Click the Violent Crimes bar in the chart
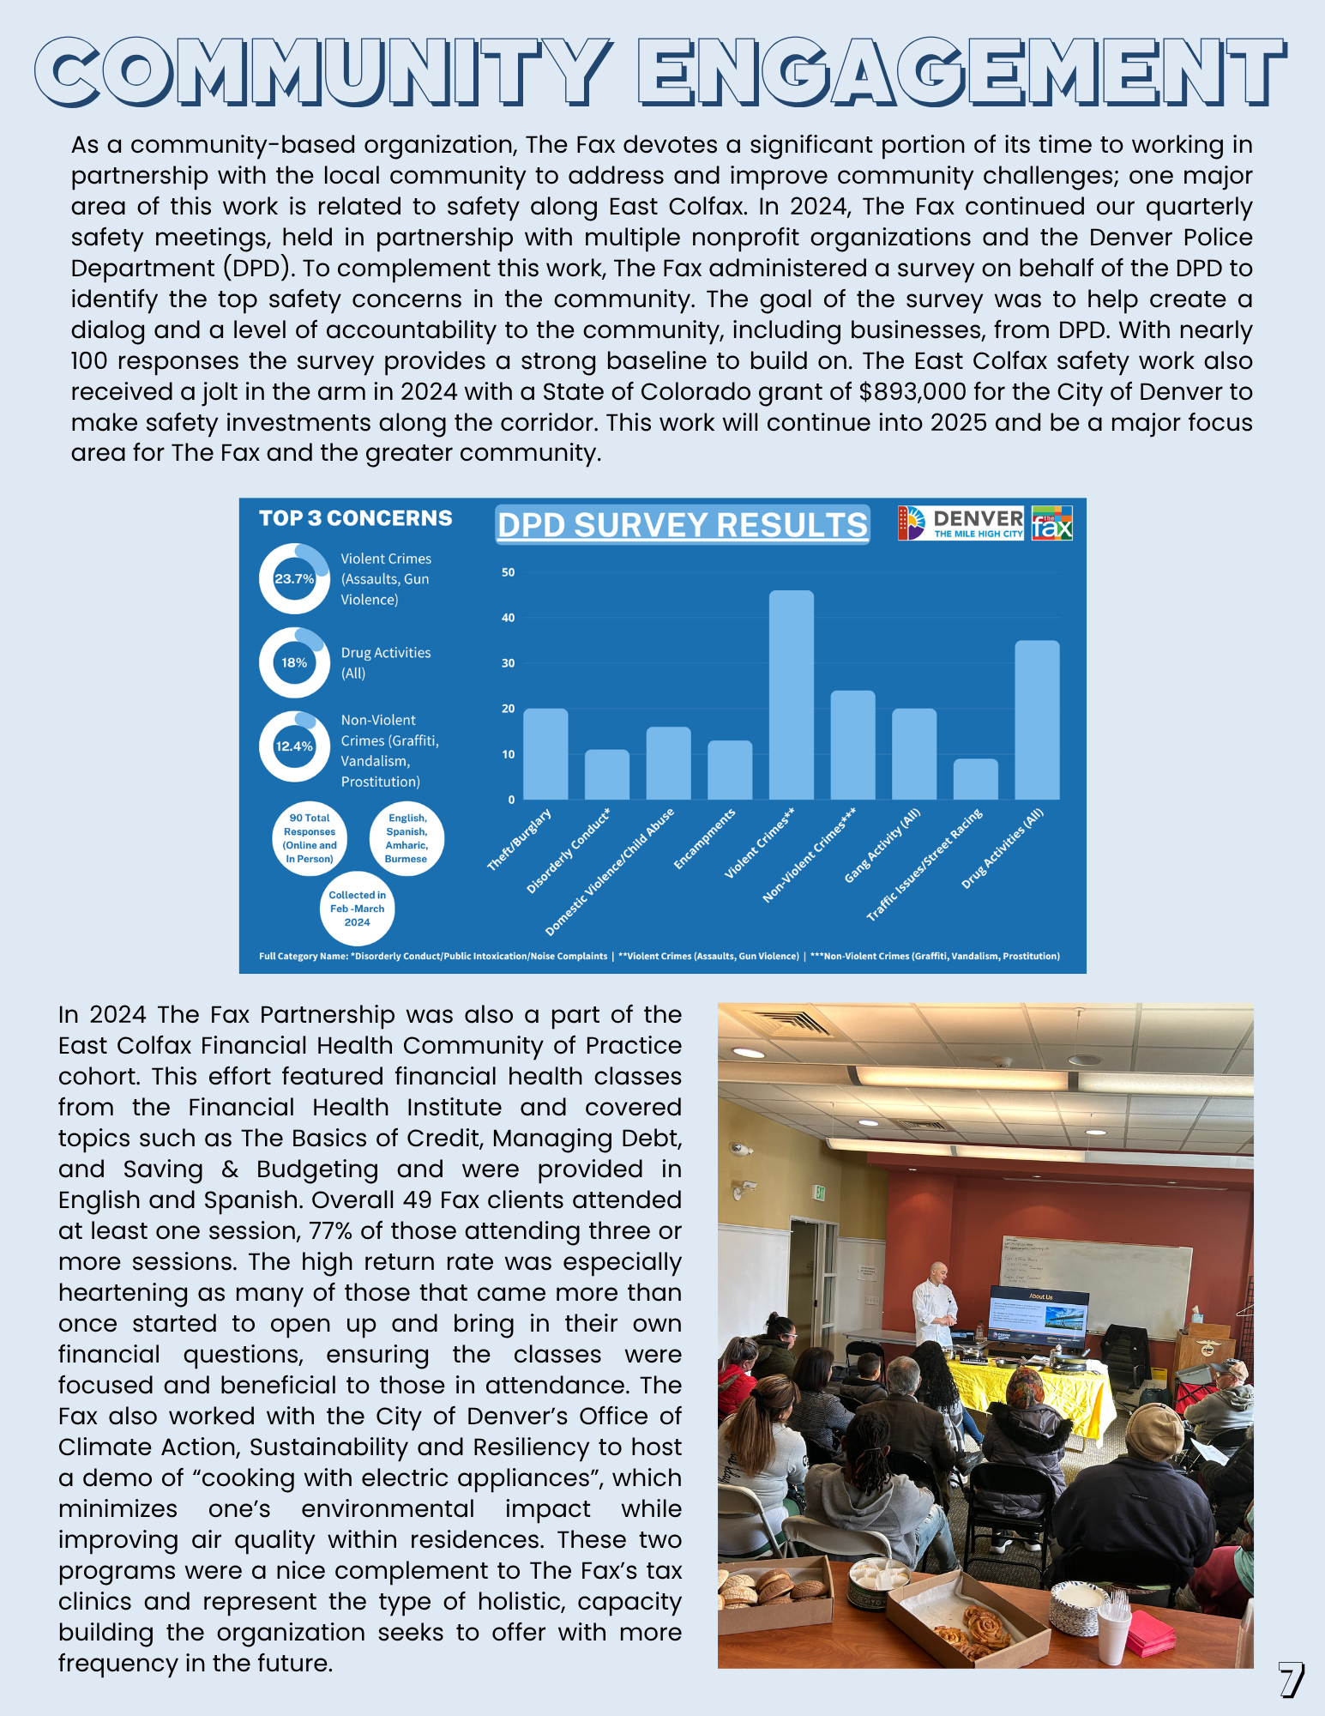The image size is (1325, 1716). pyautogui.click(x=791, y=695)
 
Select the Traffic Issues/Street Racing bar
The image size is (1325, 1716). pyautogui.click(x=975, y=779)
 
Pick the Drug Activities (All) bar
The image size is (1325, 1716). pyautogui.click(x=1037, y=720)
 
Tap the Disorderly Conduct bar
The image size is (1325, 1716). pyautogui.click(x=606, y=775)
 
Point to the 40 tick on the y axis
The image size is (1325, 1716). pyautogui.click(x=509, y=618)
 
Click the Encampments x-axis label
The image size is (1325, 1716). pyautogui.click(x=705, y=839)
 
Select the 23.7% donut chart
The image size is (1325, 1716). pyautogui.click(x=294, y=579)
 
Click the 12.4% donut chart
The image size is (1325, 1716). pyautogui.click(x=294, y=746)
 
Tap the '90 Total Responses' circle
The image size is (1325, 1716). pyautogui.click(x=310, y=838)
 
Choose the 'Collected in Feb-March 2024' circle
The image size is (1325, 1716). pyautogui.click(x=357, y=909)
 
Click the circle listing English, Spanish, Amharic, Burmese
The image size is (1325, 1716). pyautogui.click(x=407, y=838)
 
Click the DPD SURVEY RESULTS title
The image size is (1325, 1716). pyautogui.click(x=683, y=525)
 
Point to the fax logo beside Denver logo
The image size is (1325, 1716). pyautogui.click(x=1052, y=523)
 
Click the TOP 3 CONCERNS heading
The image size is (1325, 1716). pyautogui.click(x=355, y=518)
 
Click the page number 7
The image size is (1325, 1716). pyautogui.click(x=1290, y=1680)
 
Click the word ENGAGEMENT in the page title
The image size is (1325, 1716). pyautogui.click(x=961, y=71)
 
